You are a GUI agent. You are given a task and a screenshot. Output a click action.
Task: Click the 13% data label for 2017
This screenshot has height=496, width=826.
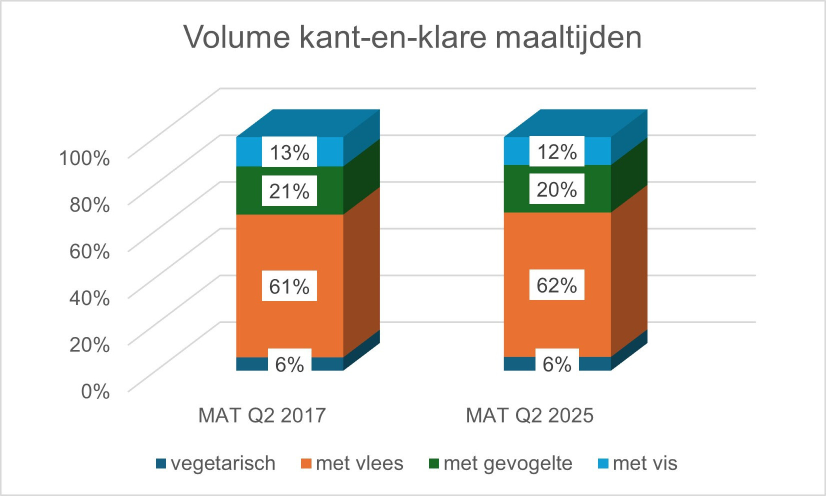289,152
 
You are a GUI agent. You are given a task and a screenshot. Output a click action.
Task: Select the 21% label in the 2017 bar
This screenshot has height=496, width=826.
289,191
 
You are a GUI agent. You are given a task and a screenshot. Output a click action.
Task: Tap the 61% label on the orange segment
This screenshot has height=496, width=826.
289,286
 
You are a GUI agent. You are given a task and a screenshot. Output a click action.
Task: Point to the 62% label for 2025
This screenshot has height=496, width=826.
557,285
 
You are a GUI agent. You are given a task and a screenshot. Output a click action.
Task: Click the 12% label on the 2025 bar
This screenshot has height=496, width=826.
557,151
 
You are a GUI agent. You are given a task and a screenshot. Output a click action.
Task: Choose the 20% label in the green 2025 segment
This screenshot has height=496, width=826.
557,189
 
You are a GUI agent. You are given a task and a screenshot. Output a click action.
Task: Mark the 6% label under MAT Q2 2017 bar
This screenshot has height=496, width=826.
289,363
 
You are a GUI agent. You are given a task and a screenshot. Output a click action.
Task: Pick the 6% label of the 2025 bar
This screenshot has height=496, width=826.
557,363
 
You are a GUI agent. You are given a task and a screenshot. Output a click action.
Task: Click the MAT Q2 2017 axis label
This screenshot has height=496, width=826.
262,415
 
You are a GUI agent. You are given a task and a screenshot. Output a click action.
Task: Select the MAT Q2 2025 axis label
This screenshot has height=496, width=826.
529,415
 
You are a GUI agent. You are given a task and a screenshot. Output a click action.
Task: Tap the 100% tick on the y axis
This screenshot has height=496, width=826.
84,157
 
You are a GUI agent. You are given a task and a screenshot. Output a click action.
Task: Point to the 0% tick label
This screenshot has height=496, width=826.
95,391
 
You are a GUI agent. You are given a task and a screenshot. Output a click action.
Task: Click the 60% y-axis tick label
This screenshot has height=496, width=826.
90,251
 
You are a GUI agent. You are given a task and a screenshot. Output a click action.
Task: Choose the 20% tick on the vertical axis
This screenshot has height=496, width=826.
90,344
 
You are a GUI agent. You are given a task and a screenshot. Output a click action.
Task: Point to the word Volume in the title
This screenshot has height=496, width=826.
237,37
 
